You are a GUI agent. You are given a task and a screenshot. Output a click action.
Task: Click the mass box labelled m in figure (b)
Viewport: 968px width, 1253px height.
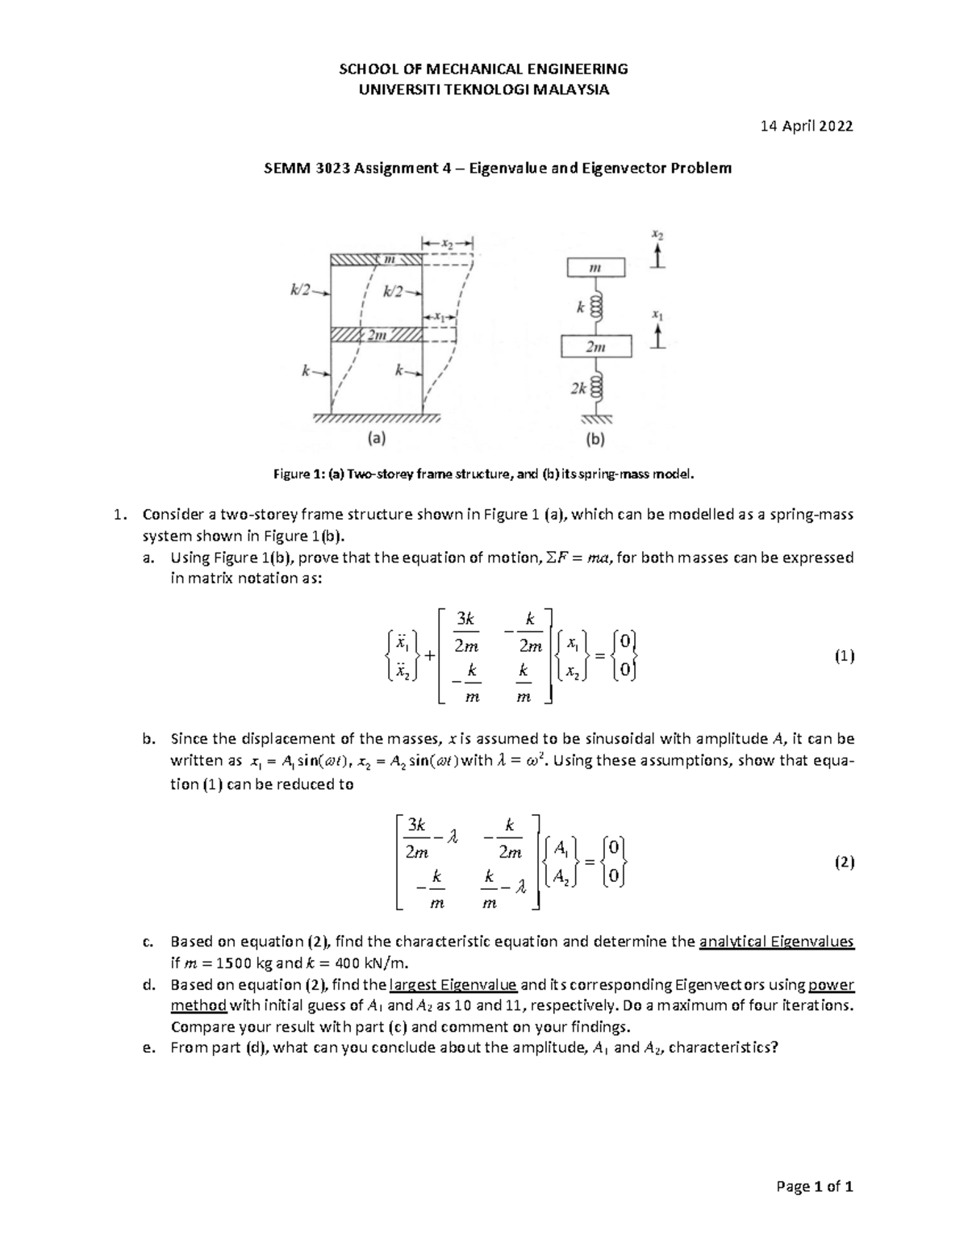[x=595, y=267]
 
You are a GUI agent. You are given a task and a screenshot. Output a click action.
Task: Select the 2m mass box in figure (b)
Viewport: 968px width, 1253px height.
[x=596, y=347]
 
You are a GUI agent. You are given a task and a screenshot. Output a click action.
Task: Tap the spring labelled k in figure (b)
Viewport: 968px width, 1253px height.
[x=597, y=308]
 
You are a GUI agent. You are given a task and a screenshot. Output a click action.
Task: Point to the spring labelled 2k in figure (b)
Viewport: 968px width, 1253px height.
[x=597, y=388]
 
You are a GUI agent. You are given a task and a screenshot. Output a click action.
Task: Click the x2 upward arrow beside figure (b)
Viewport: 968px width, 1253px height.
[x=659, y=256]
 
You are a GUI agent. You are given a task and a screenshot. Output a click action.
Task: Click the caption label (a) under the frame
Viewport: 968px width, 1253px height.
[x=376, y=439]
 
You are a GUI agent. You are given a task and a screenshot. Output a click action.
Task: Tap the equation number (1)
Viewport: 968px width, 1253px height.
[x=844, y=656]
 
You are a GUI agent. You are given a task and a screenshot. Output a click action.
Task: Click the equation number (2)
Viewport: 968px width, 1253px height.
[x=844, y=862]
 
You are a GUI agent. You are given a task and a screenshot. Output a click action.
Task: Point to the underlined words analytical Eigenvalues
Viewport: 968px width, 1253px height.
[x=777, y=941]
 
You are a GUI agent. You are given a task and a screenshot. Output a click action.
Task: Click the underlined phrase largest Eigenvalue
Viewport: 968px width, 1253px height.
[x=453, y=984]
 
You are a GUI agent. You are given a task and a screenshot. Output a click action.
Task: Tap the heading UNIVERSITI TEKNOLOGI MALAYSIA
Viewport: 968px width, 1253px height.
[x=484, y=90]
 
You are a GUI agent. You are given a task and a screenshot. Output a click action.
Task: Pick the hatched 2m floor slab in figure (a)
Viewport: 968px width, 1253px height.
[x=377, y=336]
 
